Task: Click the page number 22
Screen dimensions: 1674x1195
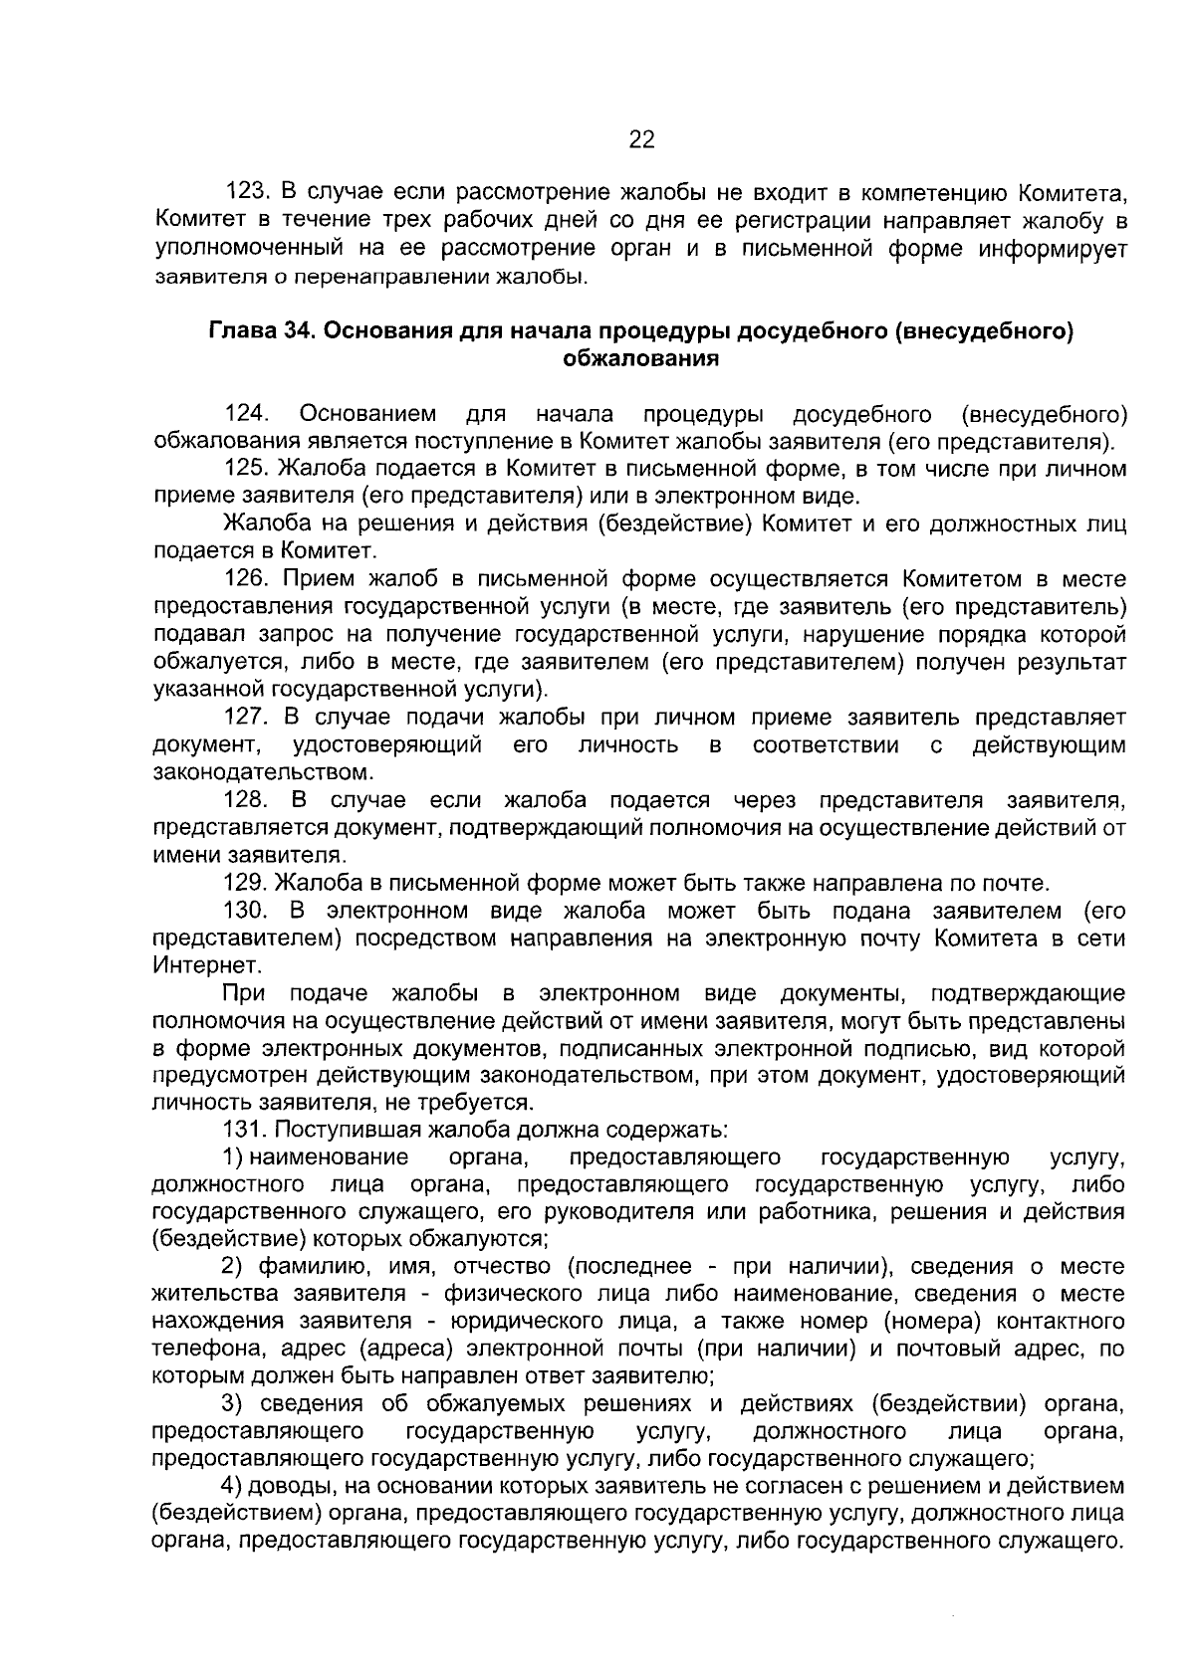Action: [x=641, y=140]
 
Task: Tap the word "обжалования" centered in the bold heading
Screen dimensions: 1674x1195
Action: [x=640, y=358]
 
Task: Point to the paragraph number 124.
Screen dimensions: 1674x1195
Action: [x=248, y=413]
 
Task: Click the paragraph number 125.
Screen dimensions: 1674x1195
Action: [x=248, y=468]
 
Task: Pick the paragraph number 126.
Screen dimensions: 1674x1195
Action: [x=248, y=578]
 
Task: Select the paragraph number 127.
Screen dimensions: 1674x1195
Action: [x=248, y=717]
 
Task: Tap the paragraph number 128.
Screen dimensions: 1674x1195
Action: [x=248, y=800]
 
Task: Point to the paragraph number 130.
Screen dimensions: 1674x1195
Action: [x=248, y=910]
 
